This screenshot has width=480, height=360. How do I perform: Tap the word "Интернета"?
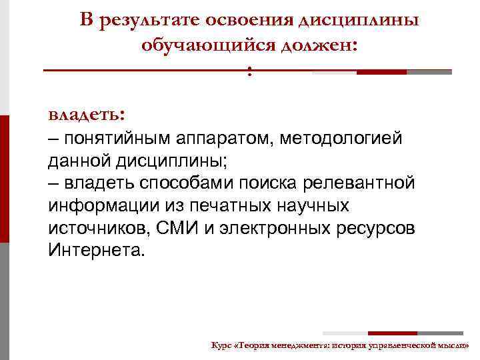[95, 251]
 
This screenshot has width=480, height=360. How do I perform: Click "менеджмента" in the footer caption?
[295, 345]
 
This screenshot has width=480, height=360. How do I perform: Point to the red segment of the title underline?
[381, 72]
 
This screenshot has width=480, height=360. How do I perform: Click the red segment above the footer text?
[393, 333]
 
